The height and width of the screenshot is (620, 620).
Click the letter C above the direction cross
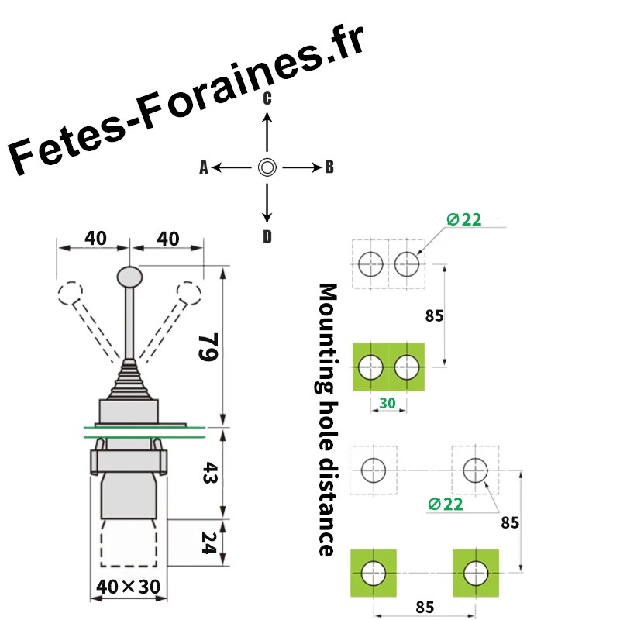[267, 98]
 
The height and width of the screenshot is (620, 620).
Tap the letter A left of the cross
[204, 167]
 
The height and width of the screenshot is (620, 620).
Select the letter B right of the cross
[329, 167]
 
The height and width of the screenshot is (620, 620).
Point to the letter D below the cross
[267, 236]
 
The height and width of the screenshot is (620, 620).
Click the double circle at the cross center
[267, 167]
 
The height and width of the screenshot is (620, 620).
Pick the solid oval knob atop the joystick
[129, 277]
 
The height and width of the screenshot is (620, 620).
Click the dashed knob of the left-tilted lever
[71, 294]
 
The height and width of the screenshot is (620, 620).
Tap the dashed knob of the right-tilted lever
[189, 294]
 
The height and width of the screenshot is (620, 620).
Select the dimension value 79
[208, 346]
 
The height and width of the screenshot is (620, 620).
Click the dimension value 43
[209, 473]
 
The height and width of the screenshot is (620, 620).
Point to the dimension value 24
[208, 543]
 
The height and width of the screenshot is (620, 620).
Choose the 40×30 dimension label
[128, 587]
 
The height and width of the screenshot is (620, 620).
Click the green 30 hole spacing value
[387, 403]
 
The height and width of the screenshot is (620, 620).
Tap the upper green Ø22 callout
[463, 219]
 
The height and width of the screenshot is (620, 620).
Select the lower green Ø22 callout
[445, 505]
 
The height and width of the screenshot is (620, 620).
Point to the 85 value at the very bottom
[425, 607]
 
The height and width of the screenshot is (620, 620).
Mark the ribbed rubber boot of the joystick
[129, 380]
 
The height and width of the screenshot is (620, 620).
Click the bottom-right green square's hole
[476, 573]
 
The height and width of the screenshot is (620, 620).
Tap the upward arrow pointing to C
[267, 132]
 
